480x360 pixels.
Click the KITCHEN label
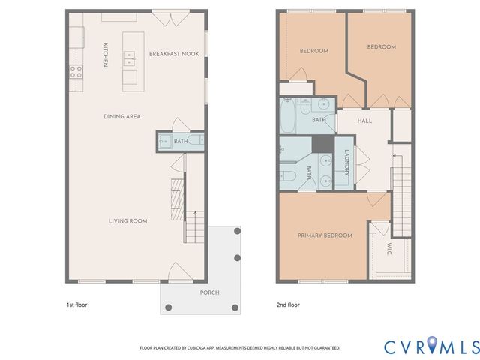pyautogui.click(x=106, y=55)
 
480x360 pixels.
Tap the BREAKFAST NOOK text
pyautogui.click(x=174, y=54)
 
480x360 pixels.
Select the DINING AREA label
pyautogui.click(x=122, y=116)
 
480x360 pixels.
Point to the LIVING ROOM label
pyautogui.click(x=127, y=220)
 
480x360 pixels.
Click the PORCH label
pyautogui.click(x=209, y=292)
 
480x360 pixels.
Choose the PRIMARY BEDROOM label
pyautogui.click(x=325, y=235)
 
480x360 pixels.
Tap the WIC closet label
pyautogui.click(x=389, y=248)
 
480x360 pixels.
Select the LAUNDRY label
pyautogui.click(x=346, y=163)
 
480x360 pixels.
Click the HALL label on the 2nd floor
pyautogui.click(x=364, y=121)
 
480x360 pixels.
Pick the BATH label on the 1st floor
pyautogui.click(x=181, y=141)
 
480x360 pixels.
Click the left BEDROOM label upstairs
pyautogui.click(x=313, y=51)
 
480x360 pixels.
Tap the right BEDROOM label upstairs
pyautogui.click(x=381, y=47)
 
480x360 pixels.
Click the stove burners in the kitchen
pyautogui.click(x=76, y=71)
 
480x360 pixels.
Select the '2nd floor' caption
pyautogui.click(x=289, y=304)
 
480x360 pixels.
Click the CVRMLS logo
pyautogui.click(x=431, y=346)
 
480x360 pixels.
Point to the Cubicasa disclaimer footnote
pyautogui.click(x=239, y=348)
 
